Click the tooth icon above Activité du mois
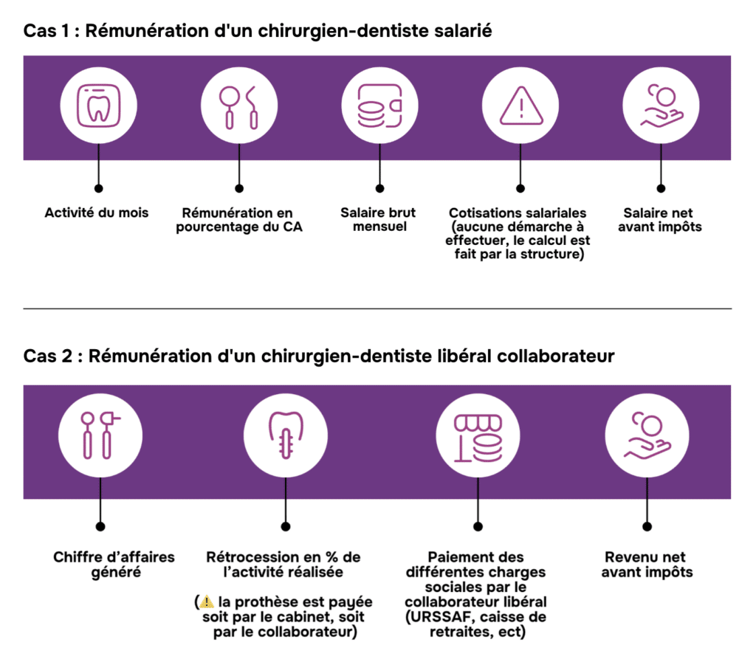tap(98, 107)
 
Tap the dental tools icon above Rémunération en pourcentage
tap(238, 107)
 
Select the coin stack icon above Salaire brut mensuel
tap(379, 107)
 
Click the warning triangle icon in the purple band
tap(520, 108)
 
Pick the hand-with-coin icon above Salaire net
tap(661, 107)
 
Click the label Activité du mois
tap(97, 213)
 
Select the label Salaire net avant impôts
tap(661, 219)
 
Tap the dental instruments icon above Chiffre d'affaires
tap(100, 437)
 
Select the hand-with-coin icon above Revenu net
tap(647, 437)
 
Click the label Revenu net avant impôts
tap(647, 564)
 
